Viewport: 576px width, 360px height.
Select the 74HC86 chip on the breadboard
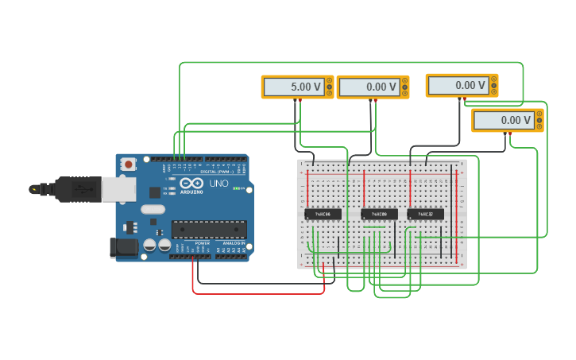[323, 214]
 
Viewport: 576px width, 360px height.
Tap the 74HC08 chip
[379, 214]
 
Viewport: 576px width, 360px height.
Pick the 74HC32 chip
[425, 214]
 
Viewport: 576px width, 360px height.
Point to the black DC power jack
[122, 246]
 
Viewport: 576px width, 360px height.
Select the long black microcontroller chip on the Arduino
[209, 229]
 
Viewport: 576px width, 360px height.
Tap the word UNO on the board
[218, 184]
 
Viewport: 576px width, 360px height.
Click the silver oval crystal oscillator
[153, 210]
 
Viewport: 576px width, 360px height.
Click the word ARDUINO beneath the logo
[191, 192]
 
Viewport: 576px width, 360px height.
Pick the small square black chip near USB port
[154, 192]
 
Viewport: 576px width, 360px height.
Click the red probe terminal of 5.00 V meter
[300, 100]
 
